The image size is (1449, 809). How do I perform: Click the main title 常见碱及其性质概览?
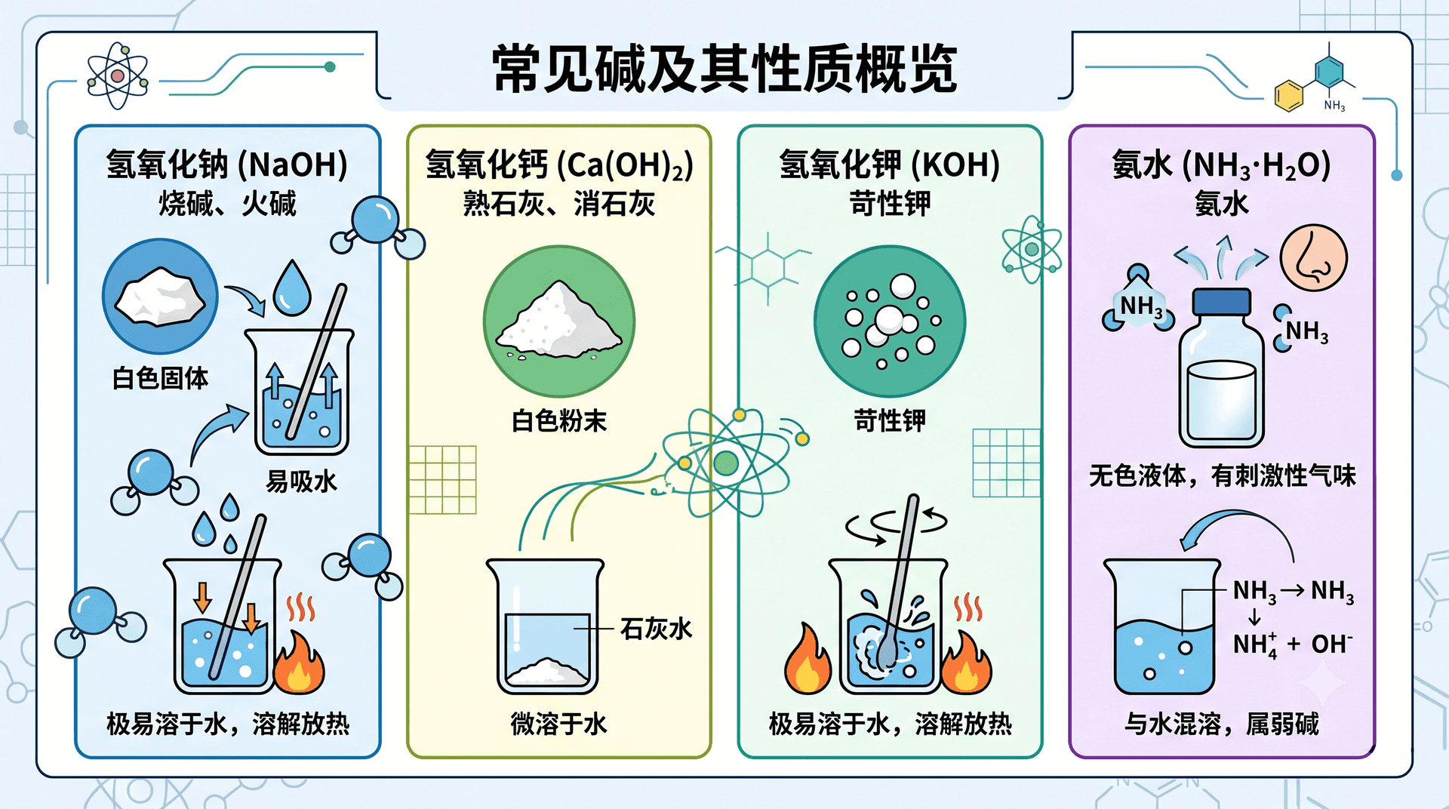click(724, 69)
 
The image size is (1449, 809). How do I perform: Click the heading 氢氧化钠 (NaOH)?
click(227, 165)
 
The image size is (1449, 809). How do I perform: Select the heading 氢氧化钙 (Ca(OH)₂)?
click(559, 165)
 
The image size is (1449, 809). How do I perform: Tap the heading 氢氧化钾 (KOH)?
click(890, 165)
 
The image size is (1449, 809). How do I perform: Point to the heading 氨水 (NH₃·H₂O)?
click(1221, 165)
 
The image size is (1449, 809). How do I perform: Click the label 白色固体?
click(160, 378)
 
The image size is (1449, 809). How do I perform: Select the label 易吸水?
click(301, 481)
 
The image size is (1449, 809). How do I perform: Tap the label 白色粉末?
click(559, 420)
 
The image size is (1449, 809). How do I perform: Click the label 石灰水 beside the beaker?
click(656, 629)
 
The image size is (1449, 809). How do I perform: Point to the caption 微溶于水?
click(559, 724)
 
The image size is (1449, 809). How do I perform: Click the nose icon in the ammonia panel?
click(1314, 258)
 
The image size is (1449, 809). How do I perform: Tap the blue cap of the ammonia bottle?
click(1221, 302)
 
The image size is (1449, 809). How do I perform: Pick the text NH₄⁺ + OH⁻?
click(1293, 644)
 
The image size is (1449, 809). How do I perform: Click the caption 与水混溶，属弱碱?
click(1222, 724)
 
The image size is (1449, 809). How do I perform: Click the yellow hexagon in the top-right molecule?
click(1289, 96)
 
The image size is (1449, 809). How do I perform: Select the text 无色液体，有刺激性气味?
click(1222, 475)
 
